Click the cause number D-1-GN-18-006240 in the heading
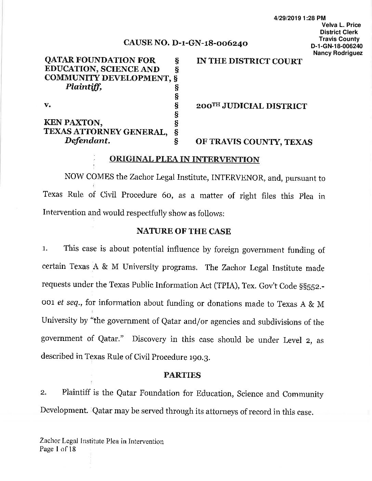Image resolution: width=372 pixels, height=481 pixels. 210,43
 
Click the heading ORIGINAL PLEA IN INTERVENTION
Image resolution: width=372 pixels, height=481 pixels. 184,160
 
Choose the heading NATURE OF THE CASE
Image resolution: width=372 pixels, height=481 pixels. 184,231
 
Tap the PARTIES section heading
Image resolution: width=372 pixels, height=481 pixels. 182,375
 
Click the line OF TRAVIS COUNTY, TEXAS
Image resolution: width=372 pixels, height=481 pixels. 254,142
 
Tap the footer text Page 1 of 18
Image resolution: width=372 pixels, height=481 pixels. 57,449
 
